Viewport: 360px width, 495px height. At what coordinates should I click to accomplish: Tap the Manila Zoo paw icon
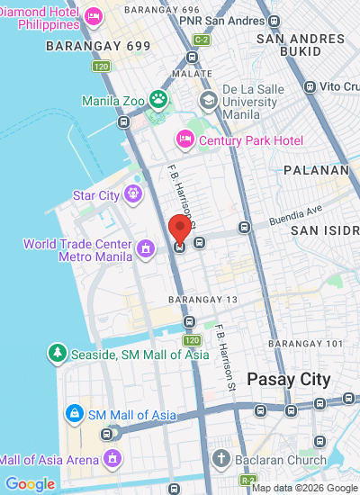coord(159,99)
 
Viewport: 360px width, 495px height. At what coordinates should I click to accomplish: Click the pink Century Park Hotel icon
coord(185,139)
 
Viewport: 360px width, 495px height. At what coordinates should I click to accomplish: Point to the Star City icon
coord(134,193)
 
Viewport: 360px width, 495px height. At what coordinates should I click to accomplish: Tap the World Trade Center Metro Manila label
coord(77,250)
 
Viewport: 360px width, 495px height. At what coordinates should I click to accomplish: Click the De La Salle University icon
coord(208,99)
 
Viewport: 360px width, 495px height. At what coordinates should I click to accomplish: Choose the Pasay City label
coord(289,380)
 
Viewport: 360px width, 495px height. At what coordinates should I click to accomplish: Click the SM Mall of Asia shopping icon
coord(75,414)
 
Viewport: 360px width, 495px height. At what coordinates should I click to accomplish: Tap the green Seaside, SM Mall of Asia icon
coord(58,353)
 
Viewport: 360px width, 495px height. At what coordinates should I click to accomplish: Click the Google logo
coord(30,485)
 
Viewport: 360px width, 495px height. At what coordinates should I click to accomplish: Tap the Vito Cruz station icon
coord(310,86)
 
